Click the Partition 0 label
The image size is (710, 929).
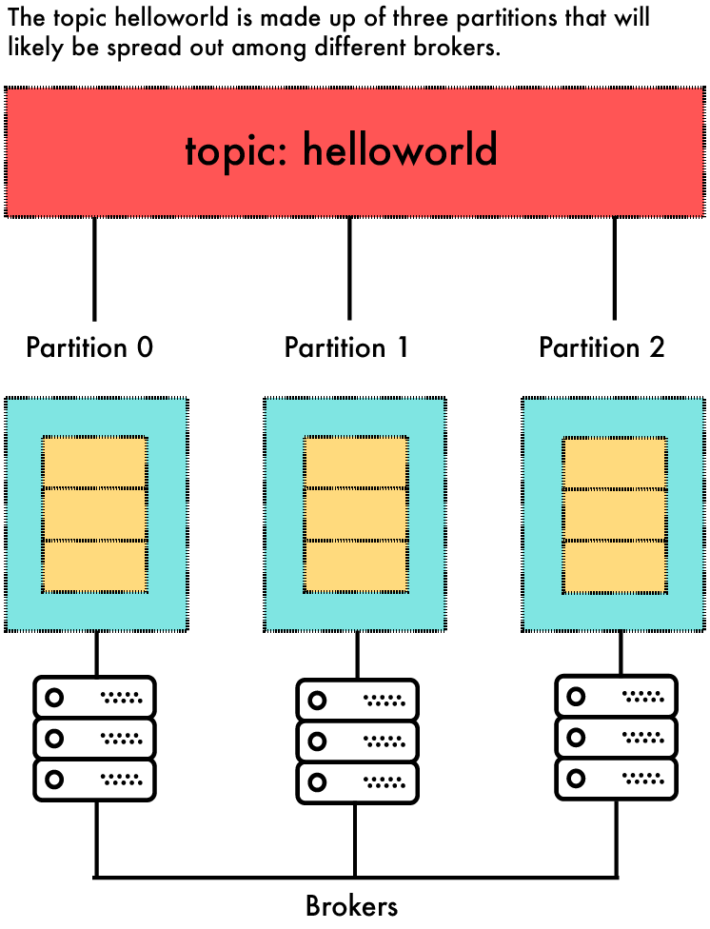[89, 347]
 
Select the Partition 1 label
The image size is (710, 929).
[346, 347]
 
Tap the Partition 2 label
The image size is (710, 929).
[602, 347]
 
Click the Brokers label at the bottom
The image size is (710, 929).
[351, 905]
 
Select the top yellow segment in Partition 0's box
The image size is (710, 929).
[94, 463]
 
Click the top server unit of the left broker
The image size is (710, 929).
[94, 697]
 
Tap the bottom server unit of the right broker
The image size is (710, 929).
[616, 778]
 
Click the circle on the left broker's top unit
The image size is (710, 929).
[54, 697]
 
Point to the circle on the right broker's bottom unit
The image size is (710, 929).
[576, 778]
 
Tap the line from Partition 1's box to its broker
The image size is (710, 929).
[357, 655]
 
